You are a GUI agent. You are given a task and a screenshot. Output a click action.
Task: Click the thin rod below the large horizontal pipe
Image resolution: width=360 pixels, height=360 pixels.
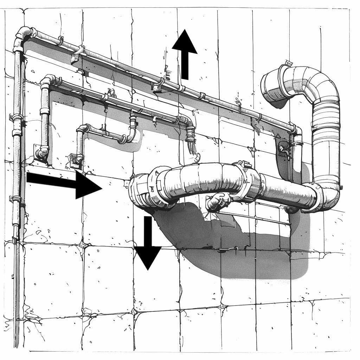click(x=253, y=218)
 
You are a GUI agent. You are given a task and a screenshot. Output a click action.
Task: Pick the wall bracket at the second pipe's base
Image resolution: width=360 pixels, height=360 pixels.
click(x=41, y=153)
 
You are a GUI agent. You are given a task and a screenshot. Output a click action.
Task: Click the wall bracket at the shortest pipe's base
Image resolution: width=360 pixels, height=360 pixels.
click(x=77, y=161)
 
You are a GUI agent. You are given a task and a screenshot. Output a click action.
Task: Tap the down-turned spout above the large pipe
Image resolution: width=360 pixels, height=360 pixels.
click(x=192, y=141)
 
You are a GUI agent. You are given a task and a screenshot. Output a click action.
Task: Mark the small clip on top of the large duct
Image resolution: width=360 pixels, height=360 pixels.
click(x=288, y=63)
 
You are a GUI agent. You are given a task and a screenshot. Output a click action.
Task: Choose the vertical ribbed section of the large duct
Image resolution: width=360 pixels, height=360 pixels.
click(x=326, y=141)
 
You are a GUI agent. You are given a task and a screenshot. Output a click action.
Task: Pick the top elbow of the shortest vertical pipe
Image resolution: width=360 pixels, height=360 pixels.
click(x=83, y=129)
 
